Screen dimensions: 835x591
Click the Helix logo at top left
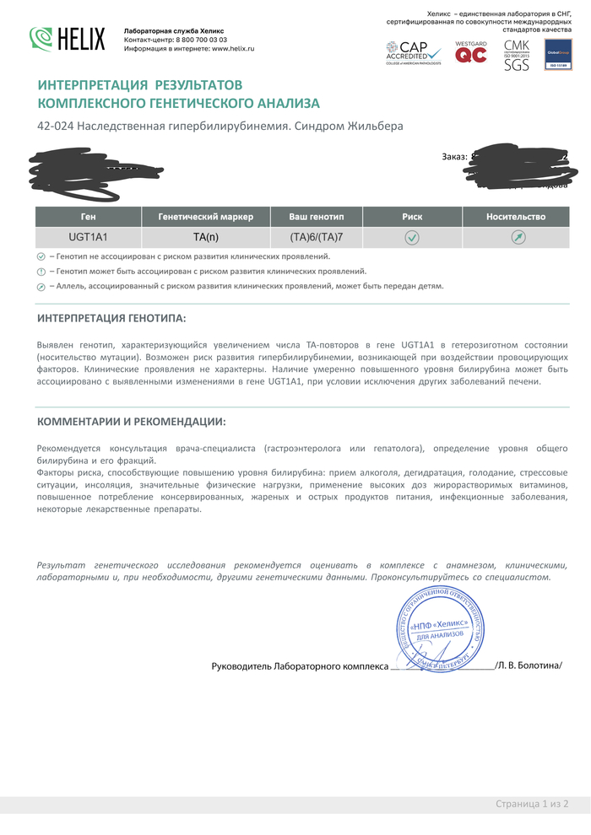pos(68,39)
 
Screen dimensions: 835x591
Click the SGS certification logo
pos(516,54)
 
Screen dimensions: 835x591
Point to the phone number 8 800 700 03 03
pos(199,40)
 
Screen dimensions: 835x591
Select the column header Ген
pos(89,217)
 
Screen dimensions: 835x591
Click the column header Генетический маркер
pos(205,217)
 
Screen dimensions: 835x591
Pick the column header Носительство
pos(516,217)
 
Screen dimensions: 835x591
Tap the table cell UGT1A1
pos(89,238)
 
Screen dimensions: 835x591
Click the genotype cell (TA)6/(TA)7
pos(317,238)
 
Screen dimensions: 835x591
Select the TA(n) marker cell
pos(205,238)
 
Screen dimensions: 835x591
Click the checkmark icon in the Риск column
pos(412,238)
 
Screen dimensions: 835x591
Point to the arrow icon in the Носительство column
pos(518,238)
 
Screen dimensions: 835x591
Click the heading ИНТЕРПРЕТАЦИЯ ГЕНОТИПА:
pos(111,318)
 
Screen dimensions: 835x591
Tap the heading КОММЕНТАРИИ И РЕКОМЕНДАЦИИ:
pos(132,421)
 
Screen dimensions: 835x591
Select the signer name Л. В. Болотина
pos(529,666)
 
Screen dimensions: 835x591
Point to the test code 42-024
pos(55,127)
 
